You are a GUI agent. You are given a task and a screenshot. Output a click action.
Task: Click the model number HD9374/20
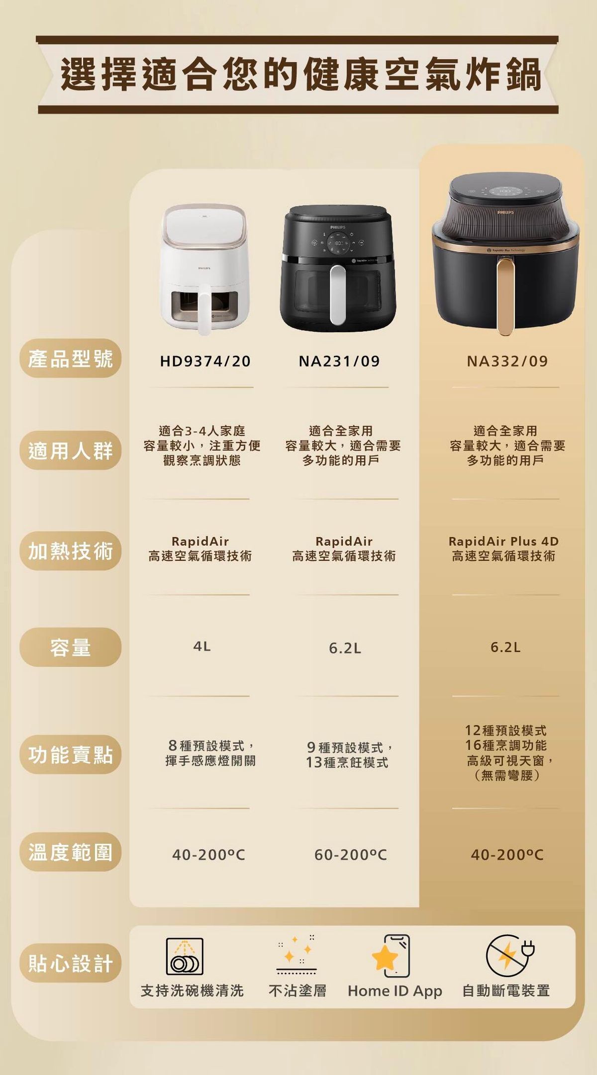point(205,361)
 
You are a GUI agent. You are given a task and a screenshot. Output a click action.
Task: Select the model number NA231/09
point(339,361)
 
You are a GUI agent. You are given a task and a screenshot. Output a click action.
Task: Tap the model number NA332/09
point(507,361)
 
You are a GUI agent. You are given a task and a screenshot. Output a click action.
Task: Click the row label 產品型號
point(71,358)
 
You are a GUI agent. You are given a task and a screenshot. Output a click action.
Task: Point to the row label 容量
point(71,647)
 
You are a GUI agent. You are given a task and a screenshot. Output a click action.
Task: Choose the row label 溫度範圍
point(71,852)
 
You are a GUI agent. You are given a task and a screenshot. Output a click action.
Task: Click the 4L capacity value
point(202,646)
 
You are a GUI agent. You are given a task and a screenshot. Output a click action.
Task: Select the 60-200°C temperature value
point(350,855)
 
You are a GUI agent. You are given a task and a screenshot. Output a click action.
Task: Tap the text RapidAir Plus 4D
point(503,541)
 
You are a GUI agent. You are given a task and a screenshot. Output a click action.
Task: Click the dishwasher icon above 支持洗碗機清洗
point(185,956)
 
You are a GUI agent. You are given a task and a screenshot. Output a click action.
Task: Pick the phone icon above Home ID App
point(392,956)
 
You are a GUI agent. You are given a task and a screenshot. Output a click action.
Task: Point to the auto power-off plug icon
point(509,956)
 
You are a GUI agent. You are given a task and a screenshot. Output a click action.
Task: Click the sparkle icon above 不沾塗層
point(297,956)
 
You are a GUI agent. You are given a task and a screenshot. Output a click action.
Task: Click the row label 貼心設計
point(71,963)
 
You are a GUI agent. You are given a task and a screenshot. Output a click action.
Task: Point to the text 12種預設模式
point(505,730)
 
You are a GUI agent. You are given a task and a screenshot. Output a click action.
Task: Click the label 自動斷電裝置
point(506,990)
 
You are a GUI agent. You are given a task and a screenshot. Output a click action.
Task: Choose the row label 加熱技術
point(71,551)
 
